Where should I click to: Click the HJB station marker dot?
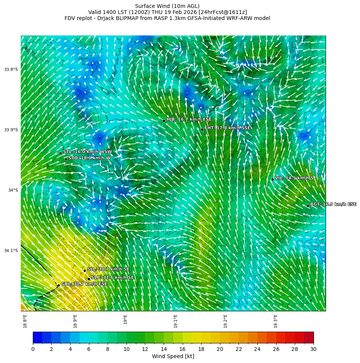pos(164,121)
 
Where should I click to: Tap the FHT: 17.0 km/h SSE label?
pos(227,128)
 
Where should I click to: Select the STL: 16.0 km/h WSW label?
pos(87,152)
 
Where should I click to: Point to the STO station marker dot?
pos(66,159)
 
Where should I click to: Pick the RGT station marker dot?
pos(308,206)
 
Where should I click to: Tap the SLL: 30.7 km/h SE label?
pos(108,269)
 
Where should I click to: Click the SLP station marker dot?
pos(89,279)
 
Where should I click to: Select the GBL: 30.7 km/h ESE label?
pos(84,284)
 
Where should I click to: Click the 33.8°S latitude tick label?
pos(11,69)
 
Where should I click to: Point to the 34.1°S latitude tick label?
pos(11,251)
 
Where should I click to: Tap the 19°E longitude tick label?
pos(125,319)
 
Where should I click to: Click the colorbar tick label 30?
pos(313,349)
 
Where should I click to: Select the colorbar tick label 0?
pos(33,349)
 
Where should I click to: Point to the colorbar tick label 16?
pos(182,349)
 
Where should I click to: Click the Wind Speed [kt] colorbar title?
pos(173,356)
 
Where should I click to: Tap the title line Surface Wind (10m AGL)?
pos(167,6)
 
